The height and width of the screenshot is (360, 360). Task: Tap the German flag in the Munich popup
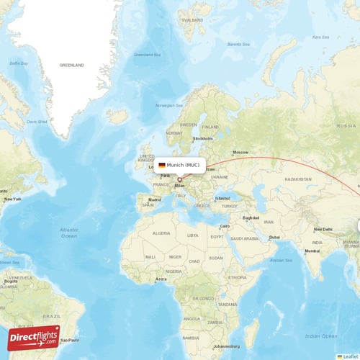(162, 166)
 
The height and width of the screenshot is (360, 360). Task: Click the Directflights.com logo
(34, 338)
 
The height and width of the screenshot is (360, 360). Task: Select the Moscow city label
(240, 152)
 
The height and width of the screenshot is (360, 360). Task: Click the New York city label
(12, 199)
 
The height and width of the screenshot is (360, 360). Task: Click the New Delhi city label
(324, 230)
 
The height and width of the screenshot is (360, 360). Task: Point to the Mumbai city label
(312, 251)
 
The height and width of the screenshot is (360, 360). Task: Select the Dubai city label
(274, 237)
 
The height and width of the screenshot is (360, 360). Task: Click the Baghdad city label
(251, 217)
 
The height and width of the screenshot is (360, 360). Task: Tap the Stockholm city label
(203, 138)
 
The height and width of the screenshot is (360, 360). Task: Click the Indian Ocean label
(321, 336)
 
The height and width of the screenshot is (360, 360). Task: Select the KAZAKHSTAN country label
(297, 178)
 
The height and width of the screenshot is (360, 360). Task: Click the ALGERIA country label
(161, 233)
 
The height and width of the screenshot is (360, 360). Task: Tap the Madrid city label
(155, 199)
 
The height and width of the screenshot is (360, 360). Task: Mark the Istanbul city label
(222, 198)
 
